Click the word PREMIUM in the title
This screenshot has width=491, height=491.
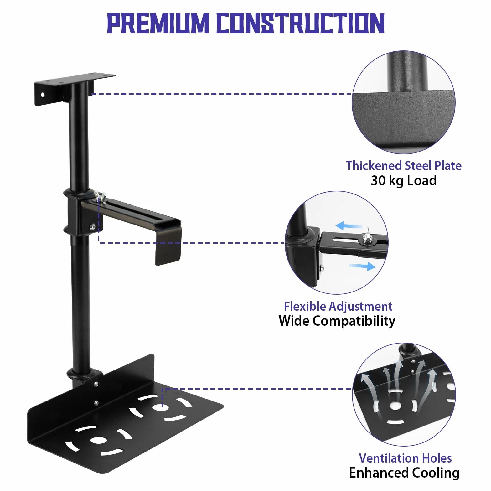(158, 23)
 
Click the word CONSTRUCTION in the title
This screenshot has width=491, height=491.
(301, 23)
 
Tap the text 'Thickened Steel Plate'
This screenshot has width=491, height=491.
(403, 166)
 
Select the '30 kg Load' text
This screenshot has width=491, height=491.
(404, 181)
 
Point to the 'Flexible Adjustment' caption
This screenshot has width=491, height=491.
(338, 306)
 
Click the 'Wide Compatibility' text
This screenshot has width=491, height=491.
(337, 321)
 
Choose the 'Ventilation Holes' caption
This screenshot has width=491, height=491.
(405, 458)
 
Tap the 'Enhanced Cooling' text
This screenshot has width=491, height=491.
(404, 473)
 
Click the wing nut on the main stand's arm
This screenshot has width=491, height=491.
(101, 194)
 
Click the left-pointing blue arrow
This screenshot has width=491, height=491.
(349, 225)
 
